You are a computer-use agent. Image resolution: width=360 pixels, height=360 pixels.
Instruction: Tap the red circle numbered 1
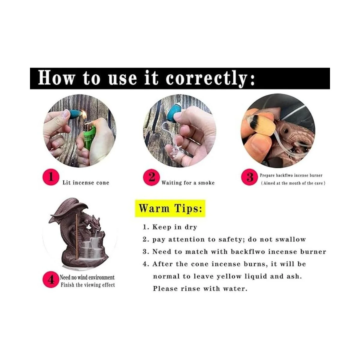pos(51,177)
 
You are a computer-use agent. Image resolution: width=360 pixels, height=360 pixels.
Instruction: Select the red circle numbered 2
pos(151,177)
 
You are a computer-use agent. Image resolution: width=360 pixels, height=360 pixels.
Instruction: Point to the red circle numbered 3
pos(249,177)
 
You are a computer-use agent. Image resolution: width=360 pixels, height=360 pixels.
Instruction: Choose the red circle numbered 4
pos(51,280)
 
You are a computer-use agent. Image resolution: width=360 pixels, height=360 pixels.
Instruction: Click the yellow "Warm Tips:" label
pos(170,208)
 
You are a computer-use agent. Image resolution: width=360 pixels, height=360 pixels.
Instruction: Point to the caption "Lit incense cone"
pos(86,182)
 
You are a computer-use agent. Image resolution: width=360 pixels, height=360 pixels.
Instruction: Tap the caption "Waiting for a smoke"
pos(188,182)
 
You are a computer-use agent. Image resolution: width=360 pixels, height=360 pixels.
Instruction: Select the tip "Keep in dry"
pos(169,227)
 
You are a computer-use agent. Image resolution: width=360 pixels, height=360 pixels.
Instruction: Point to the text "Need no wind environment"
pos(87,277)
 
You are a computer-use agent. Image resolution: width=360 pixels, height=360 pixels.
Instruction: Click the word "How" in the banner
pos(57,78)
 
